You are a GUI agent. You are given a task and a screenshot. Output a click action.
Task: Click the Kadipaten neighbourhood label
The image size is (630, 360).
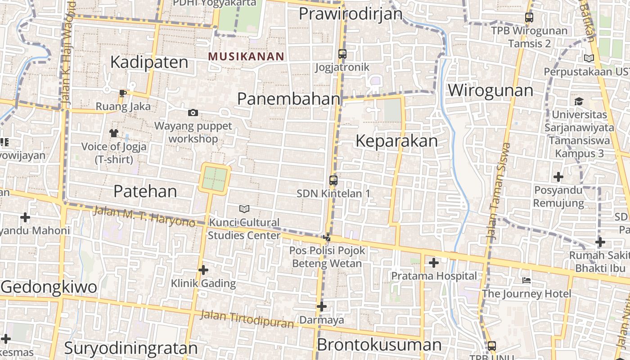(149, 62)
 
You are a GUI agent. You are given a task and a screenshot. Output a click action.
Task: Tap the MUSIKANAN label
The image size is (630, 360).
(246, 56)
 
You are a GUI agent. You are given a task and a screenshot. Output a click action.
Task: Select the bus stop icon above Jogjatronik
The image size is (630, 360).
(342, 54)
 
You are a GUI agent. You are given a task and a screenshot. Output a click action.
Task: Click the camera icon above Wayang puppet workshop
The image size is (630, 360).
(193, 112)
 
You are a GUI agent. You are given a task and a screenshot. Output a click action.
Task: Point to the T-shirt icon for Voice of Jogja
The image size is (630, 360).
(113, 133)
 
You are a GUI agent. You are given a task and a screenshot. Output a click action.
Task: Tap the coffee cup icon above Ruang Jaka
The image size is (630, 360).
(122, 93)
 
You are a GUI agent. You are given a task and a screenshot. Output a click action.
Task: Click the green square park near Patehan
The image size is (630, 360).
(215, 179)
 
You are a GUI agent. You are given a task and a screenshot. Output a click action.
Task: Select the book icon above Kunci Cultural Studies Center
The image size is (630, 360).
(244, 209)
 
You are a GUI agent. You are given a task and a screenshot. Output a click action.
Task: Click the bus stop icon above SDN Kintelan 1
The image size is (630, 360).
(333, 180)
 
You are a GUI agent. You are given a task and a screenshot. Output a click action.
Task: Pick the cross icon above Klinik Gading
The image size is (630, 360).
(203, 270)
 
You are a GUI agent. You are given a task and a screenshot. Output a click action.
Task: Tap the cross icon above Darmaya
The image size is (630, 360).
(321, 307)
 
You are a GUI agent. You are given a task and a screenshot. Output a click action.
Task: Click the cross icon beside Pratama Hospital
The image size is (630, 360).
(434, 262)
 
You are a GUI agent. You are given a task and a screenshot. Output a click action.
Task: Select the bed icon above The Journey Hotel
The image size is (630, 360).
(526, 281)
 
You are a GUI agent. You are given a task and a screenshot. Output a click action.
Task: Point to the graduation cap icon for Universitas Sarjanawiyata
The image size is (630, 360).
(579, 101)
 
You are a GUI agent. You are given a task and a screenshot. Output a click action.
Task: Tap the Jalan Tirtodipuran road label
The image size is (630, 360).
(246, 319)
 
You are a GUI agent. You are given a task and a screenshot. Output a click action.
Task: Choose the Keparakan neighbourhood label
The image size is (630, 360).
(396, 141)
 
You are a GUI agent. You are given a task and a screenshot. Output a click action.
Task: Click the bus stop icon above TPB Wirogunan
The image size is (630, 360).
(529, 18)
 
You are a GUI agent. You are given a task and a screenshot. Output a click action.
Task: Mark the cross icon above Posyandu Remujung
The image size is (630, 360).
(558, 177)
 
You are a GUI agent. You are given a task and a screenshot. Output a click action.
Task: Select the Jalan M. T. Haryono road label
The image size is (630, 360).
(144, 216)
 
